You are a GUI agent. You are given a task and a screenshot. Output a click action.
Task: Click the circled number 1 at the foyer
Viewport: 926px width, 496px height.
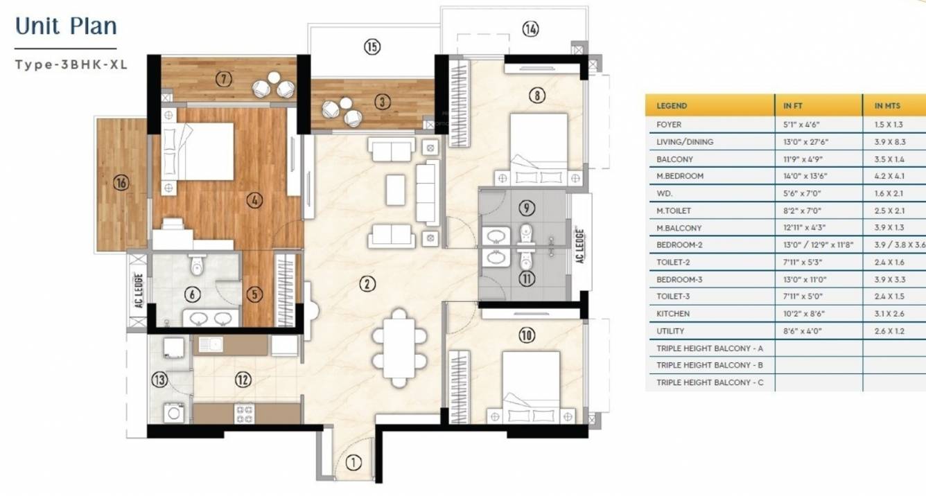pos(353,463)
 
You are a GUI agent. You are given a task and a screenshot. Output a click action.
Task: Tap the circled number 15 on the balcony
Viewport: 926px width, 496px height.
pos(372,47)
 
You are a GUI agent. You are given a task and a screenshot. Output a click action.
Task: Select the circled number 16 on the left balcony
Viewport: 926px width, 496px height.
pos(122,184)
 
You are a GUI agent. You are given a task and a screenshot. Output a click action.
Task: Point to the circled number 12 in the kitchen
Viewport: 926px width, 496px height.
pos(242,380)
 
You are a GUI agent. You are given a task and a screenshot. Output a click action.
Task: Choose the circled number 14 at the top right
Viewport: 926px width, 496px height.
pos(531,29)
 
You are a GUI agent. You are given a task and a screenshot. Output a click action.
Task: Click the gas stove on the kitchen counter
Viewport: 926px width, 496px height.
pos(245,414)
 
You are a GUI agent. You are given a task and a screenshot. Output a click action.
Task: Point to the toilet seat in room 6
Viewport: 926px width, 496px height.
pos(196,263)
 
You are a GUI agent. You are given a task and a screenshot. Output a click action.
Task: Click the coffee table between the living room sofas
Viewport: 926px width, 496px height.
pos(396,190)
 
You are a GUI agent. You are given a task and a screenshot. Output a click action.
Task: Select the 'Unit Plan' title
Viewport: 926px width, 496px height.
pos(66,26)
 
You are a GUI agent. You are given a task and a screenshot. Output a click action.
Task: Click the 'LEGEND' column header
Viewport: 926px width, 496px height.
pos(672,106)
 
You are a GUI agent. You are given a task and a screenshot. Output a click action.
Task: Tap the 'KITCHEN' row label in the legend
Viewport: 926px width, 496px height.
pos(673,314)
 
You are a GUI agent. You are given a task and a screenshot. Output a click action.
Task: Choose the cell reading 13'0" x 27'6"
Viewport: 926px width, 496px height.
pos(806,142)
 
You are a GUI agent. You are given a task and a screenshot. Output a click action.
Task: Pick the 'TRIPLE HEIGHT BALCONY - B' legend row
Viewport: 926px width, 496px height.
pos(710,365)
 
